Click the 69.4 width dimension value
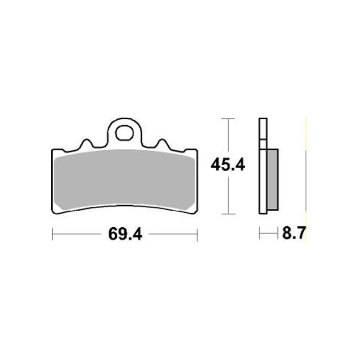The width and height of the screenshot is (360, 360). (125, 234)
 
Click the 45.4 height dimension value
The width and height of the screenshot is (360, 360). (228, 166)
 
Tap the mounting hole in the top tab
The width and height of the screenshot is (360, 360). (125, 133)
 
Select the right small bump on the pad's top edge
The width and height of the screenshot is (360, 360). (163, 144)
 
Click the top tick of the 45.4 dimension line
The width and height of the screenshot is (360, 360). (229, 119)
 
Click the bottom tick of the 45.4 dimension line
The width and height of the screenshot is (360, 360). (229, 213)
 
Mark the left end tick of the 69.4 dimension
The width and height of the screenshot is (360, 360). (53, 234)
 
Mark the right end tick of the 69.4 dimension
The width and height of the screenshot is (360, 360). (197, 234)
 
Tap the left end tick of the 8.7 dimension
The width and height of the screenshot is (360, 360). (260, 234)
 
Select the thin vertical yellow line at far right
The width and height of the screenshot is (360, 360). (306, 180)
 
